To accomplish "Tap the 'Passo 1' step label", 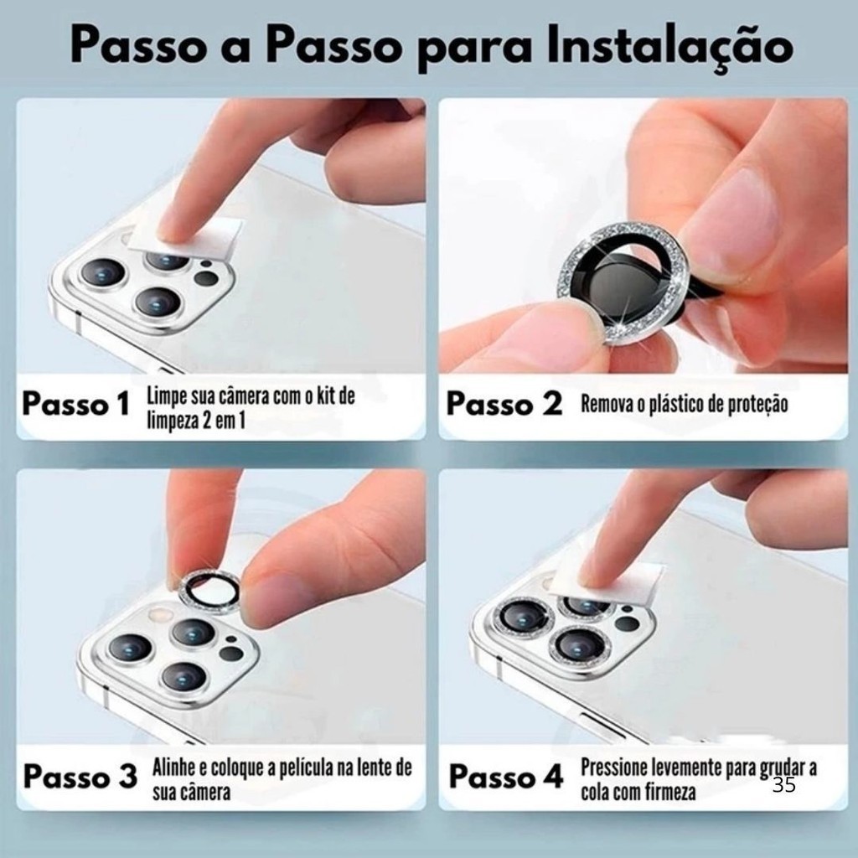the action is (x=75, y=405).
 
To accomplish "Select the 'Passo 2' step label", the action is (x=504, y=405).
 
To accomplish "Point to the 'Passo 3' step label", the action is (x=80, y=777).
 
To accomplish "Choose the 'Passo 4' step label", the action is (x=505, y=777).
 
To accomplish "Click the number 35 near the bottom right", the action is (x=784, y=785).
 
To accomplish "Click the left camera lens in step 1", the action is (x=102, y=272).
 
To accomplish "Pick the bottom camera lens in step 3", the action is (x=184, y=677).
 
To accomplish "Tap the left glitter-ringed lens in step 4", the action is (x=523, y=618).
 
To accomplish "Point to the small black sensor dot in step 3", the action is (x=231, y=638).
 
